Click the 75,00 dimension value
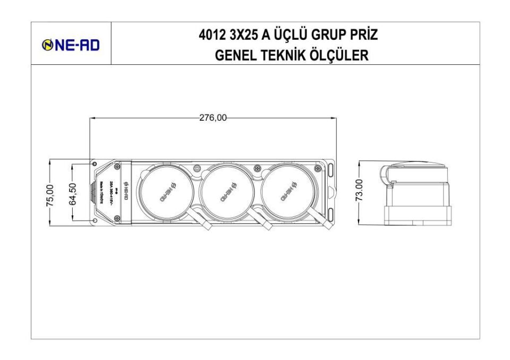click(50, 194)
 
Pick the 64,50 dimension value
click(73, 194)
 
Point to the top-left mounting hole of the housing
click(94, 163)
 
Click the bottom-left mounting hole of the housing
click(94, 220)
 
